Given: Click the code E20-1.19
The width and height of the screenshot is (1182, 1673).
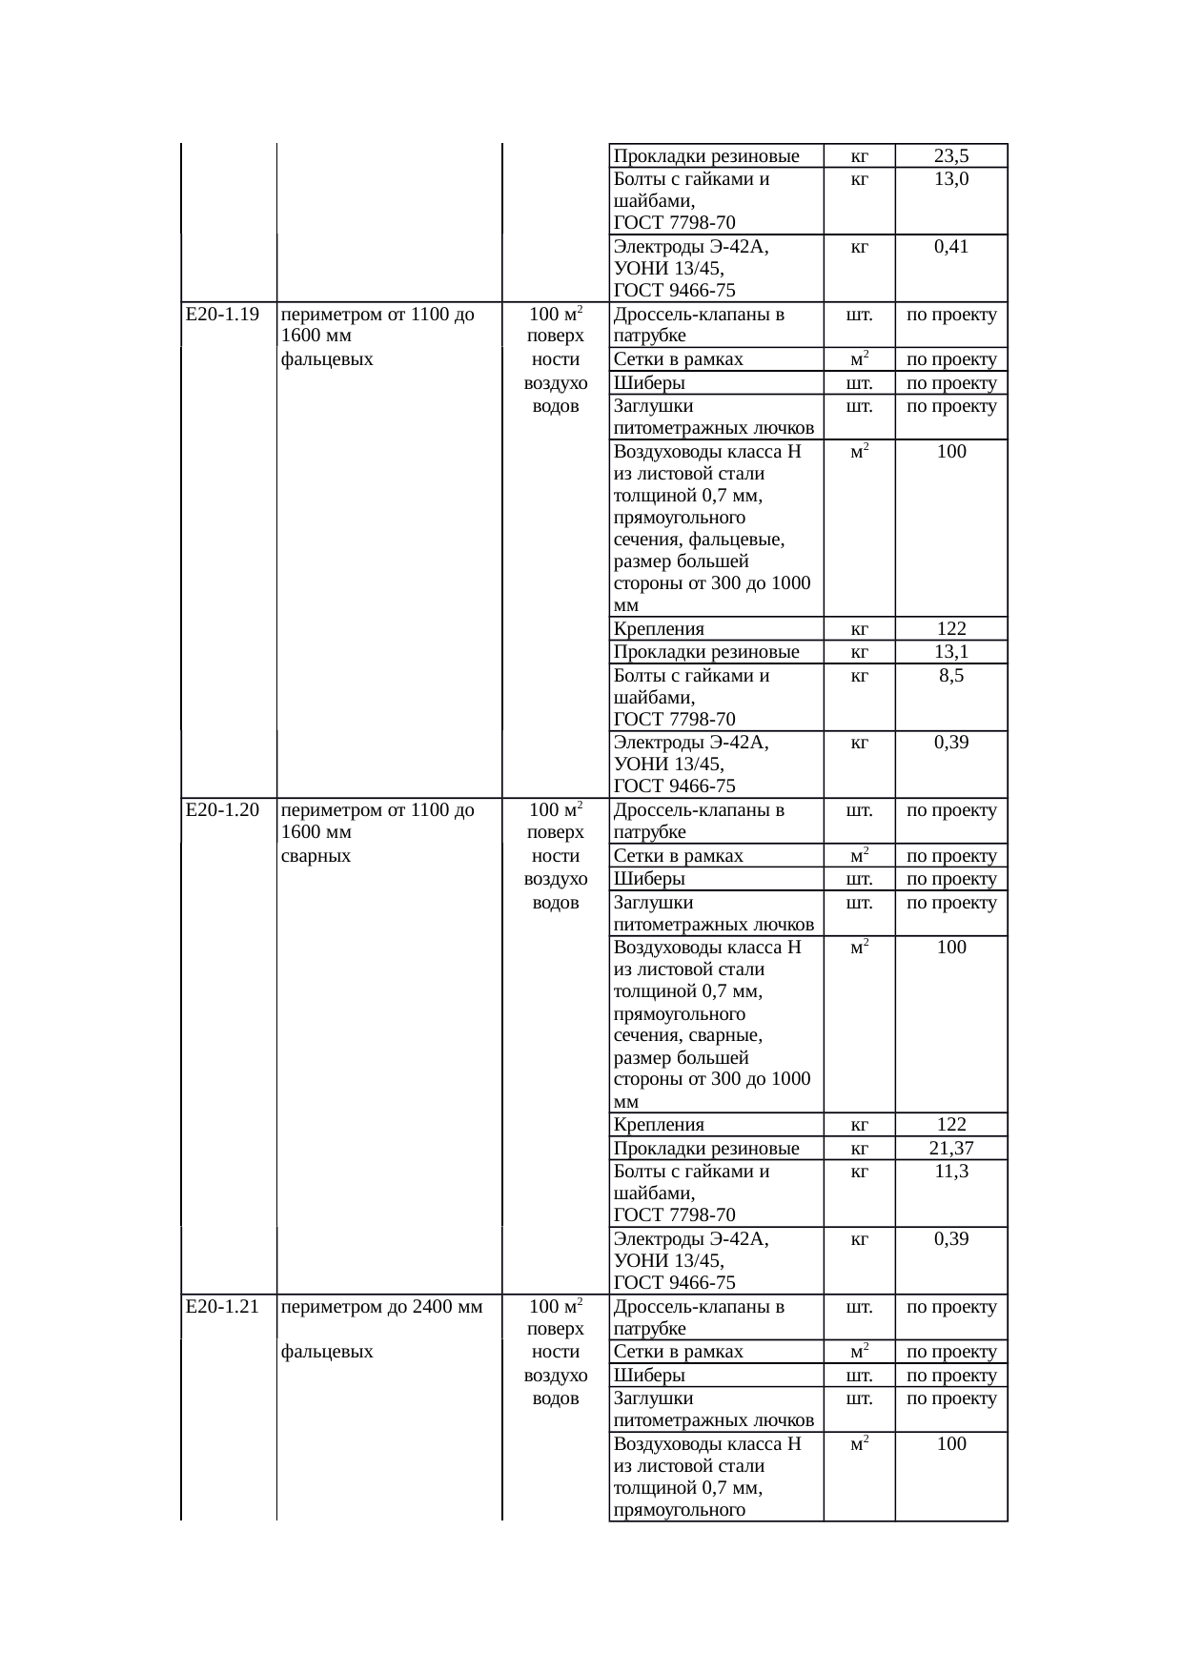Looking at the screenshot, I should tap(222, 315).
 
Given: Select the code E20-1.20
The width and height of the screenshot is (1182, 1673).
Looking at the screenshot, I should tap(222, 810).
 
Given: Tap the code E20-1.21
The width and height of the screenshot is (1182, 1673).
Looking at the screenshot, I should tap(222, 1306).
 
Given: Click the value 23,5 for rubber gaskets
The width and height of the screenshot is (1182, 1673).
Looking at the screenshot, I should tap(951, 156).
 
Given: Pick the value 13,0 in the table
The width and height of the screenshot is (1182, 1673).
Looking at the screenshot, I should tap(951, 179).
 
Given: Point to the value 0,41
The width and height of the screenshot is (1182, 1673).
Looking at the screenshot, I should tap(951, 247).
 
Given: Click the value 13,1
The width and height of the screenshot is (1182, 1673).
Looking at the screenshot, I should tap(951, 652).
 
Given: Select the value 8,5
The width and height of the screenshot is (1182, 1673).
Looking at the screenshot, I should tap(951, 676).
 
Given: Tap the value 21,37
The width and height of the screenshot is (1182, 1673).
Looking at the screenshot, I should tap(951, 1149).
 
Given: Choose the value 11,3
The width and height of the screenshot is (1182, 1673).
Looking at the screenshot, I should tap(951, 1172).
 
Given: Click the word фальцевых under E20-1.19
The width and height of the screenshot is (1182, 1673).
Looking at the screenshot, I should tap(327, 359).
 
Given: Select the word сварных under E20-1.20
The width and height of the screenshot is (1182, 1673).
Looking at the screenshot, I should tap(316, 856).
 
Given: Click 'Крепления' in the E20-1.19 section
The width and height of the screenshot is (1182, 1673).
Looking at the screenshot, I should tap(659, 629).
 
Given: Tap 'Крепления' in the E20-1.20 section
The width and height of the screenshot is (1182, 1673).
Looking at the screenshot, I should tap(659, 1125).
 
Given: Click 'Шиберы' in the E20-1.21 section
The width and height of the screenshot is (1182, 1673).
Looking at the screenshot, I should tap(649, 1376).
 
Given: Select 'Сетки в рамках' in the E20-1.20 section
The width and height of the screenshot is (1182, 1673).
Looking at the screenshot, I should tap(678, 856).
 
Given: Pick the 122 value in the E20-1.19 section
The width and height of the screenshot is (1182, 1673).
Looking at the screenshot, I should tap(951, 629).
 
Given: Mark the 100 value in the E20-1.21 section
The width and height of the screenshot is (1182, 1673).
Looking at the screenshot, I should tap(951, 1444).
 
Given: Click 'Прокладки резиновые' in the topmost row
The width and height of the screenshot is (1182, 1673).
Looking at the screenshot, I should tap(706, 156).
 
